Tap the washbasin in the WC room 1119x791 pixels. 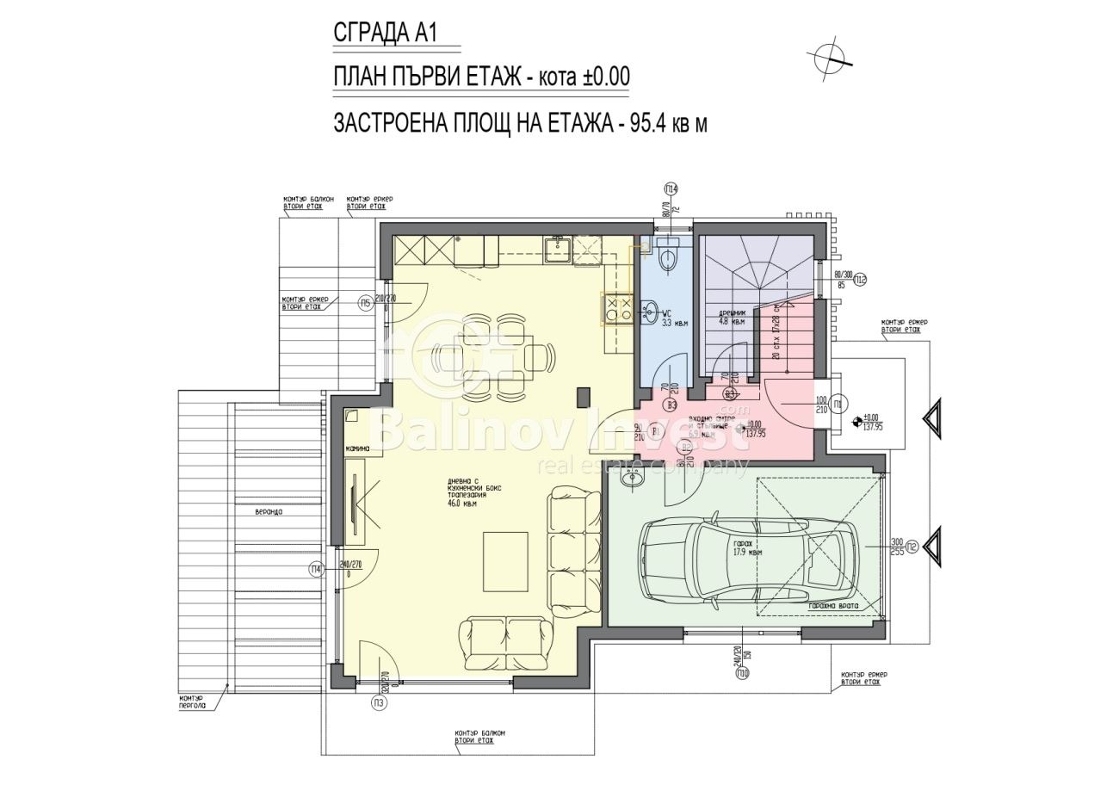point(650,310)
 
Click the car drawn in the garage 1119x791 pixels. point(748,557)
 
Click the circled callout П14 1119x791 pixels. point(671,188)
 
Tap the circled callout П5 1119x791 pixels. point(365,302)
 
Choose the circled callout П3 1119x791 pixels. point(379,703)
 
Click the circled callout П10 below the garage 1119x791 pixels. point(742,674)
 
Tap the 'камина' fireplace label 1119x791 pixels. point(357,449)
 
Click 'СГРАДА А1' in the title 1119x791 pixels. point(385,33)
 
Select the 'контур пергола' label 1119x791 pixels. point(191,701)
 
